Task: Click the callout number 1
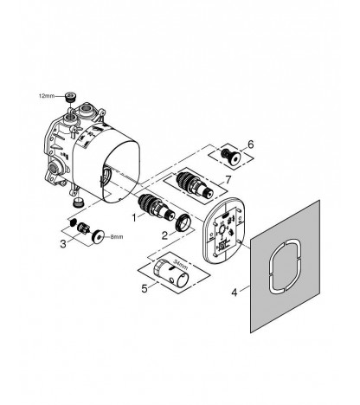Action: pyautogui.click(x=134, y=217)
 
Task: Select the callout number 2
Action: pyautogui.click(x=164, y=235)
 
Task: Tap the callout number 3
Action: pyautogui.click(x=63, y=244)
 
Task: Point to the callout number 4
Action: pyautogui.click(x=235, y=292)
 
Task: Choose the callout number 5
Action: pyautogui.click(x=145, y=288)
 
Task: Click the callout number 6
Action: pyautogui.click(x=251, y=145)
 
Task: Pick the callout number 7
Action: pyautogui.click(x=228, y=180)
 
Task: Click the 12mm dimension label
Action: pyautogui.click(x=47, y=96)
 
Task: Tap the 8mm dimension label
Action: pyautogui.click(x=116, y=237)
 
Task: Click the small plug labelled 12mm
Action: pyautogui.click(x=70, y=97)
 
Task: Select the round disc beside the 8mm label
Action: pyautogui.click(x=99, y=236)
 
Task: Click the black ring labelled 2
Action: pyautogui.click(x=183, y=223)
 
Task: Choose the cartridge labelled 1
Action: pyautogui.click(x=156, y=208)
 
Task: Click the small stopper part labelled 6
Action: pyautogui.click(x=231, y=156)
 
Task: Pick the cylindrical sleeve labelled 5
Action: pyautogui.click(x=170, y=273)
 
